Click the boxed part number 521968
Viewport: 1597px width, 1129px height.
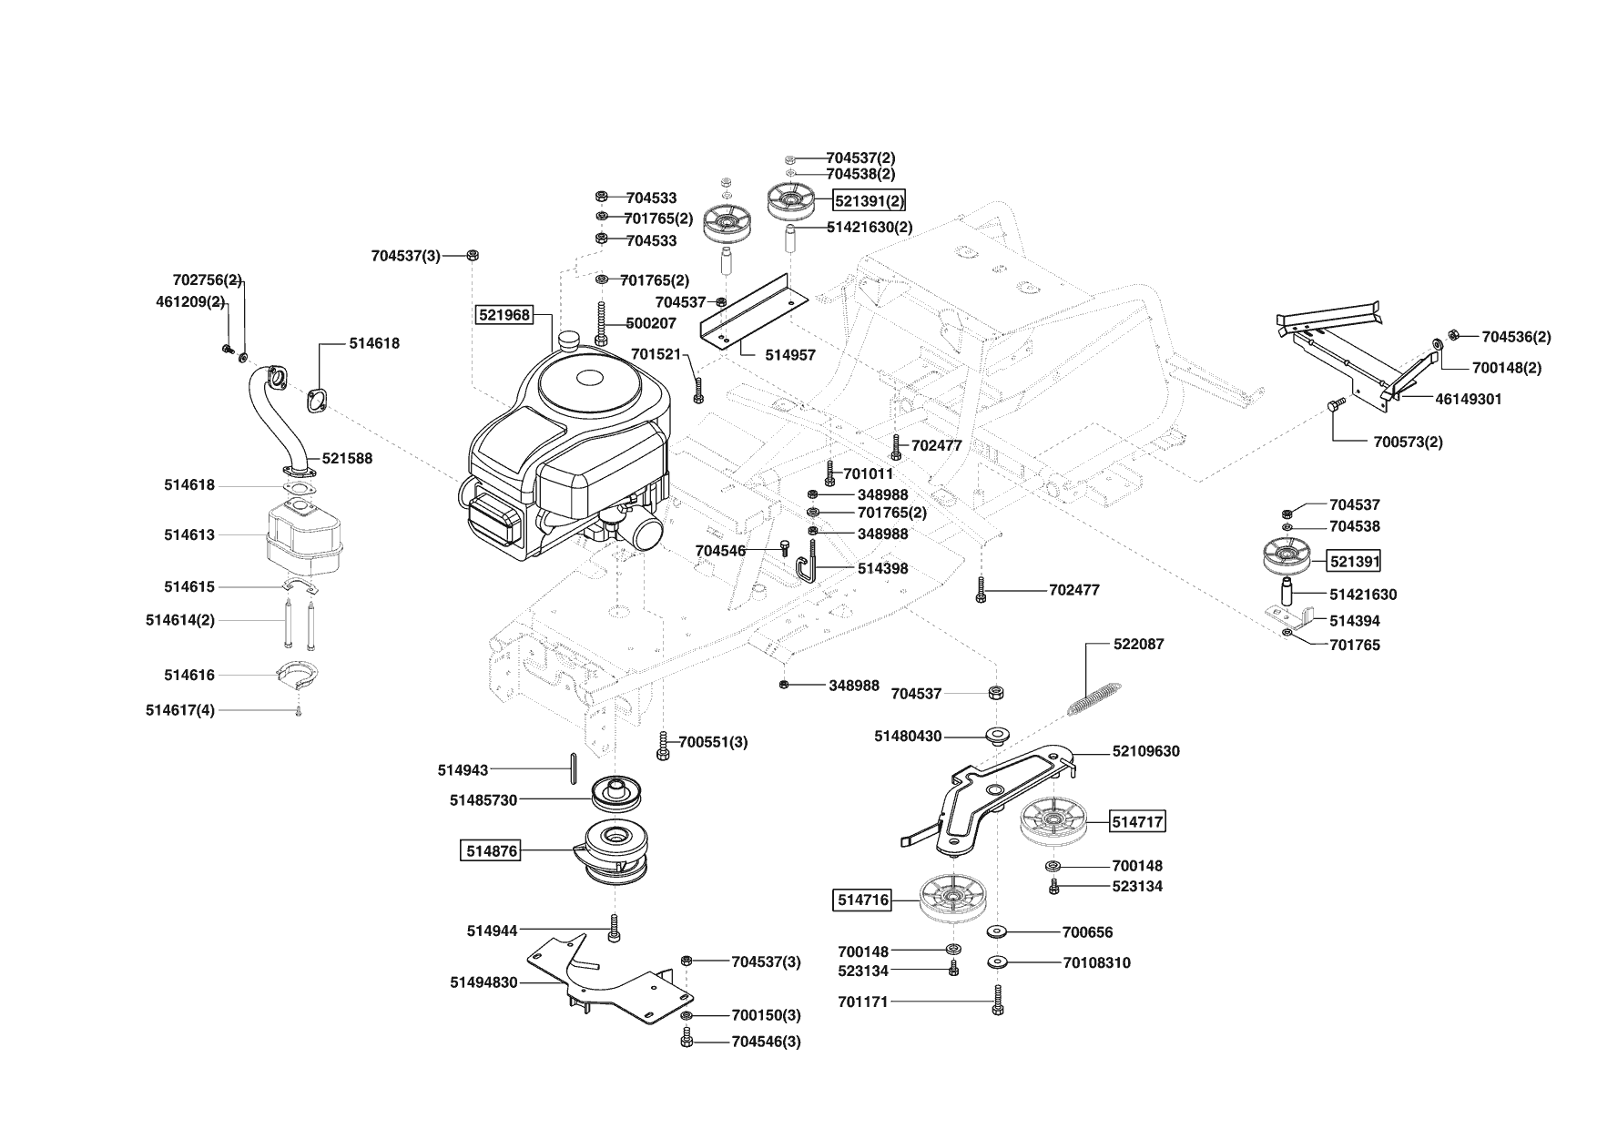pos(504,315)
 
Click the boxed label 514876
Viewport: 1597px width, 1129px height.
pos(492,851)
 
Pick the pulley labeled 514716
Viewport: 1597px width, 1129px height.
pos(952,899)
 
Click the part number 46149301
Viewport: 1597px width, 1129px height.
pos(1469,399)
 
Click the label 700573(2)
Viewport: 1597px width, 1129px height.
pos(1408,442)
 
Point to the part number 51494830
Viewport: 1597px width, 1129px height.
pos(483,982)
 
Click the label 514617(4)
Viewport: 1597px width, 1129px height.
pos(180,710)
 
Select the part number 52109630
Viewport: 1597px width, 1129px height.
pos(1145,752)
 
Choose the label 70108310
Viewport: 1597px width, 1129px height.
pos(1096,963)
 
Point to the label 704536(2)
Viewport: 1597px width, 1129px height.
pos(1516,337)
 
